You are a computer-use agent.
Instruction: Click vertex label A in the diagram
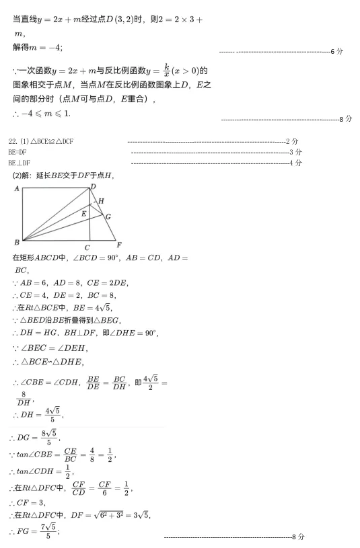tap(16, 188)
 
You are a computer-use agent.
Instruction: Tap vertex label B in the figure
tap(16, 241)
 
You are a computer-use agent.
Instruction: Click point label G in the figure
tap(108, 217)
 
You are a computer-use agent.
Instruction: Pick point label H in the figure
tap(101, 201)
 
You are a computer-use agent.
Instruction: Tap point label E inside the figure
tap(83, 213)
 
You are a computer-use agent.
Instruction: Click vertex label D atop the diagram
tap(92, 186)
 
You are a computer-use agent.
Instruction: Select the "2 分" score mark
tap(292, 141)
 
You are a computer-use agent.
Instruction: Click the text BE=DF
tap(17, 152)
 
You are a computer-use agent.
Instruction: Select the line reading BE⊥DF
tap(20, 163)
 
